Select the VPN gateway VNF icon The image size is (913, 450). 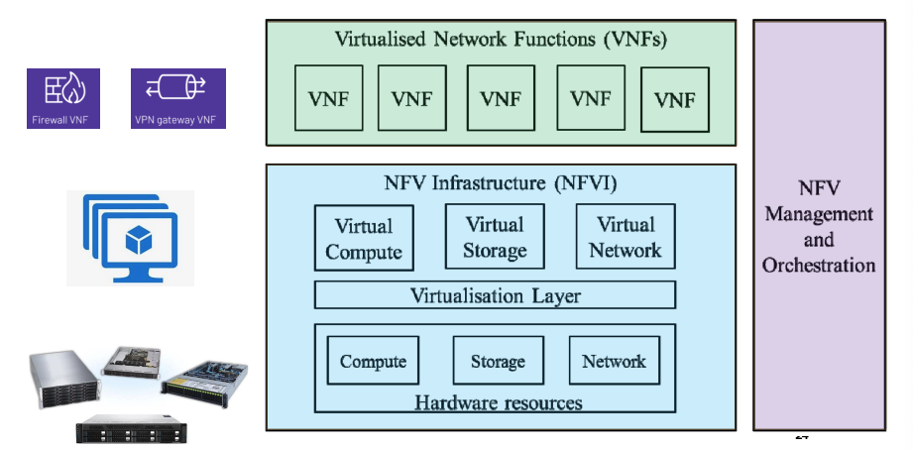coord(178,98)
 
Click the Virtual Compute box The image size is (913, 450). coord(364,239)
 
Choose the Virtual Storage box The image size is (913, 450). coord(495,237)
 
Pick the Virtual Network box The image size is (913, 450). coord(625,237)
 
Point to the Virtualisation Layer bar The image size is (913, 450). coord(495,295)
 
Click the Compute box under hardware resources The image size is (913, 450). coord(373,362)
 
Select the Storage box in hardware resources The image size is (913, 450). coord(497,362)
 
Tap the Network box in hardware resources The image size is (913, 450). coord(614,362)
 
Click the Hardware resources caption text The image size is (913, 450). coord(498,402)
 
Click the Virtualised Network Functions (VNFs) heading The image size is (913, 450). coord(501,41)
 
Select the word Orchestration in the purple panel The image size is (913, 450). coord(819,265)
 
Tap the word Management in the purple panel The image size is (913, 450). coord(819,213)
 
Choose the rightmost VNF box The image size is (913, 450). coord(675,100)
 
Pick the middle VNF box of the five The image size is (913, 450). coord(501,98)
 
